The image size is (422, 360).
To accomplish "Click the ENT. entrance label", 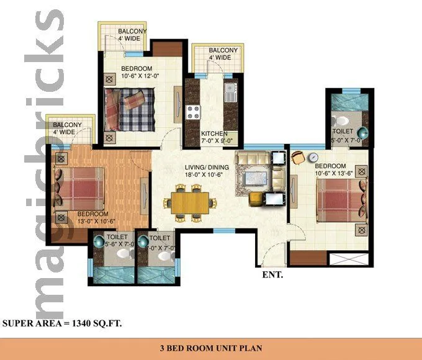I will click(x=273, y=274).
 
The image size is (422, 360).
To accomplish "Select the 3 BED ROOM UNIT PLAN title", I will click(x=211, y=348).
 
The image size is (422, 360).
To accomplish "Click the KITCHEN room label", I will click(x=214, y=134).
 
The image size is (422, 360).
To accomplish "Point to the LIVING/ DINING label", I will click(x=207, y=168).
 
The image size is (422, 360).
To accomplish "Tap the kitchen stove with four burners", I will click(x=193, y=112).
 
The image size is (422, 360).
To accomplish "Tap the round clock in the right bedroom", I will click(x=314, y=157).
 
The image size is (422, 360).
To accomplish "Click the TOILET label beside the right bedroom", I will click(x=343, y=132).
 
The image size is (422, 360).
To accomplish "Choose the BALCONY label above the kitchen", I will click(x=223, y=50).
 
